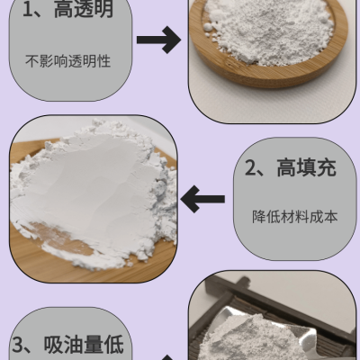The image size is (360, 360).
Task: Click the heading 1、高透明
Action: [x=68, y=9]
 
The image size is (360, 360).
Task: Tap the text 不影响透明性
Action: [x=68, y=61]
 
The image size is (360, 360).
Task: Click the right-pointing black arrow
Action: [x=158, y=40]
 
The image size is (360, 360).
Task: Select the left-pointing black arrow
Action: [x=202, y=199]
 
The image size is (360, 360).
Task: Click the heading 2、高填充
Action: [x=291, y=167]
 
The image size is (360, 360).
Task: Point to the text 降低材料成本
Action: [x=294, y=217]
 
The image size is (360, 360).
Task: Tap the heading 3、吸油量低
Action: [x=67, y=345]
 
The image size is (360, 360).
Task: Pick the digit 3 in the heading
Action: [x=17, y=346]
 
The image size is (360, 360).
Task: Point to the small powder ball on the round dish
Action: [x=208, y=28]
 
